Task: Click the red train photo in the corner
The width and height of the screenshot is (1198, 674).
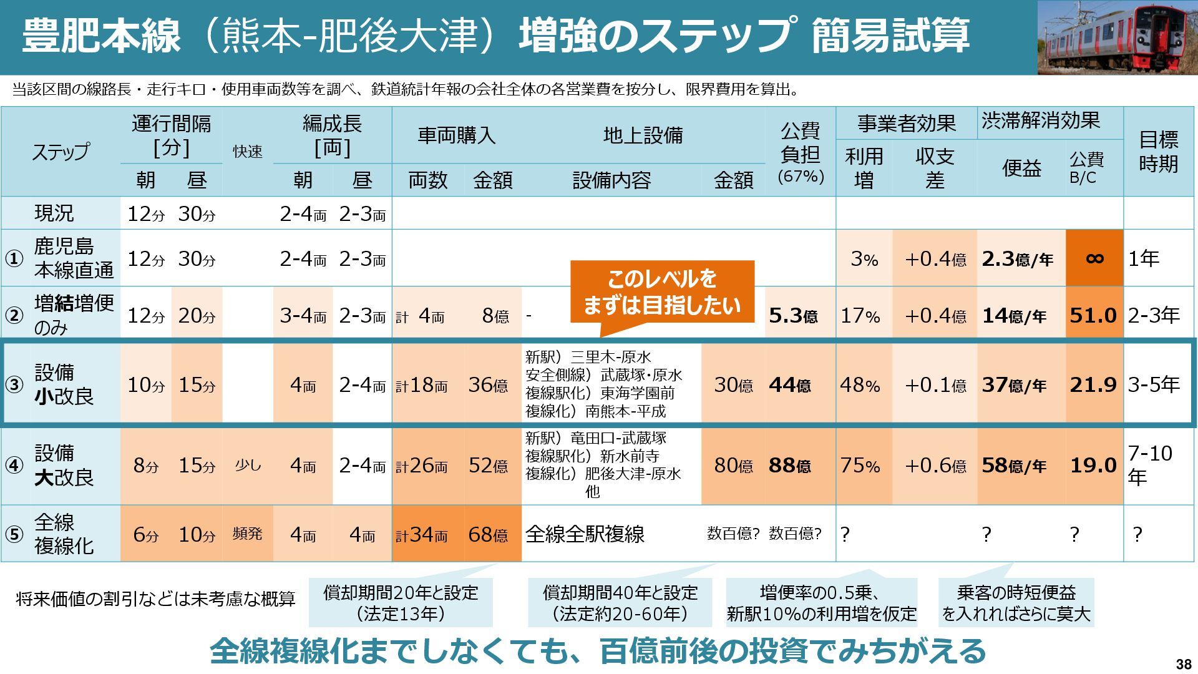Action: (1117, 37)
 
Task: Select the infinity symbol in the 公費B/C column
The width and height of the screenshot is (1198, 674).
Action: (1094, 258)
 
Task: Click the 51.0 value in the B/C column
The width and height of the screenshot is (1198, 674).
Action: (1093, 316)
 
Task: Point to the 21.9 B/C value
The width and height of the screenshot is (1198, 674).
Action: (1093, 385)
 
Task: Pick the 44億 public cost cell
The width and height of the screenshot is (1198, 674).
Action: (790, 385)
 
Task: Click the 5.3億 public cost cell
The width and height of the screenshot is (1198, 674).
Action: (793, 316)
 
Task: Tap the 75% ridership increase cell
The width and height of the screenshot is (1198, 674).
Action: (860, 466)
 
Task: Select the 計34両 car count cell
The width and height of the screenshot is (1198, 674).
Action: (422, 535)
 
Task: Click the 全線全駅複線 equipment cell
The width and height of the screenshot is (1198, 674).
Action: (585, 534)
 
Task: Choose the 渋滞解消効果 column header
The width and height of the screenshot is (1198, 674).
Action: (1040, 121)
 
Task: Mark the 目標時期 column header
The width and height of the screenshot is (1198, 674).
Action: (1159, 151)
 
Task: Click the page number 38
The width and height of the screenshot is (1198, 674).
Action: (1182, 663)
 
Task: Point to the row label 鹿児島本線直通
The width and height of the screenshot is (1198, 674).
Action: (74, 258)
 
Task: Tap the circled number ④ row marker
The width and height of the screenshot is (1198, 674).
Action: (14, 466)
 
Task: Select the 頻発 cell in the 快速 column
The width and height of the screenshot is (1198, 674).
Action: (247, 534)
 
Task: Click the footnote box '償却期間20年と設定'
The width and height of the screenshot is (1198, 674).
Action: (401, 603)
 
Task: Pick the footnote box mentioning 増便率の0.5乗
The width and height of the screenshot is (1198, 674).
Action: (821, 603)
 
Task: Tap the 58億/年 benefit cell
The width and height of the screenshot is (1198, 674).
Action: (1014, 466)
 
